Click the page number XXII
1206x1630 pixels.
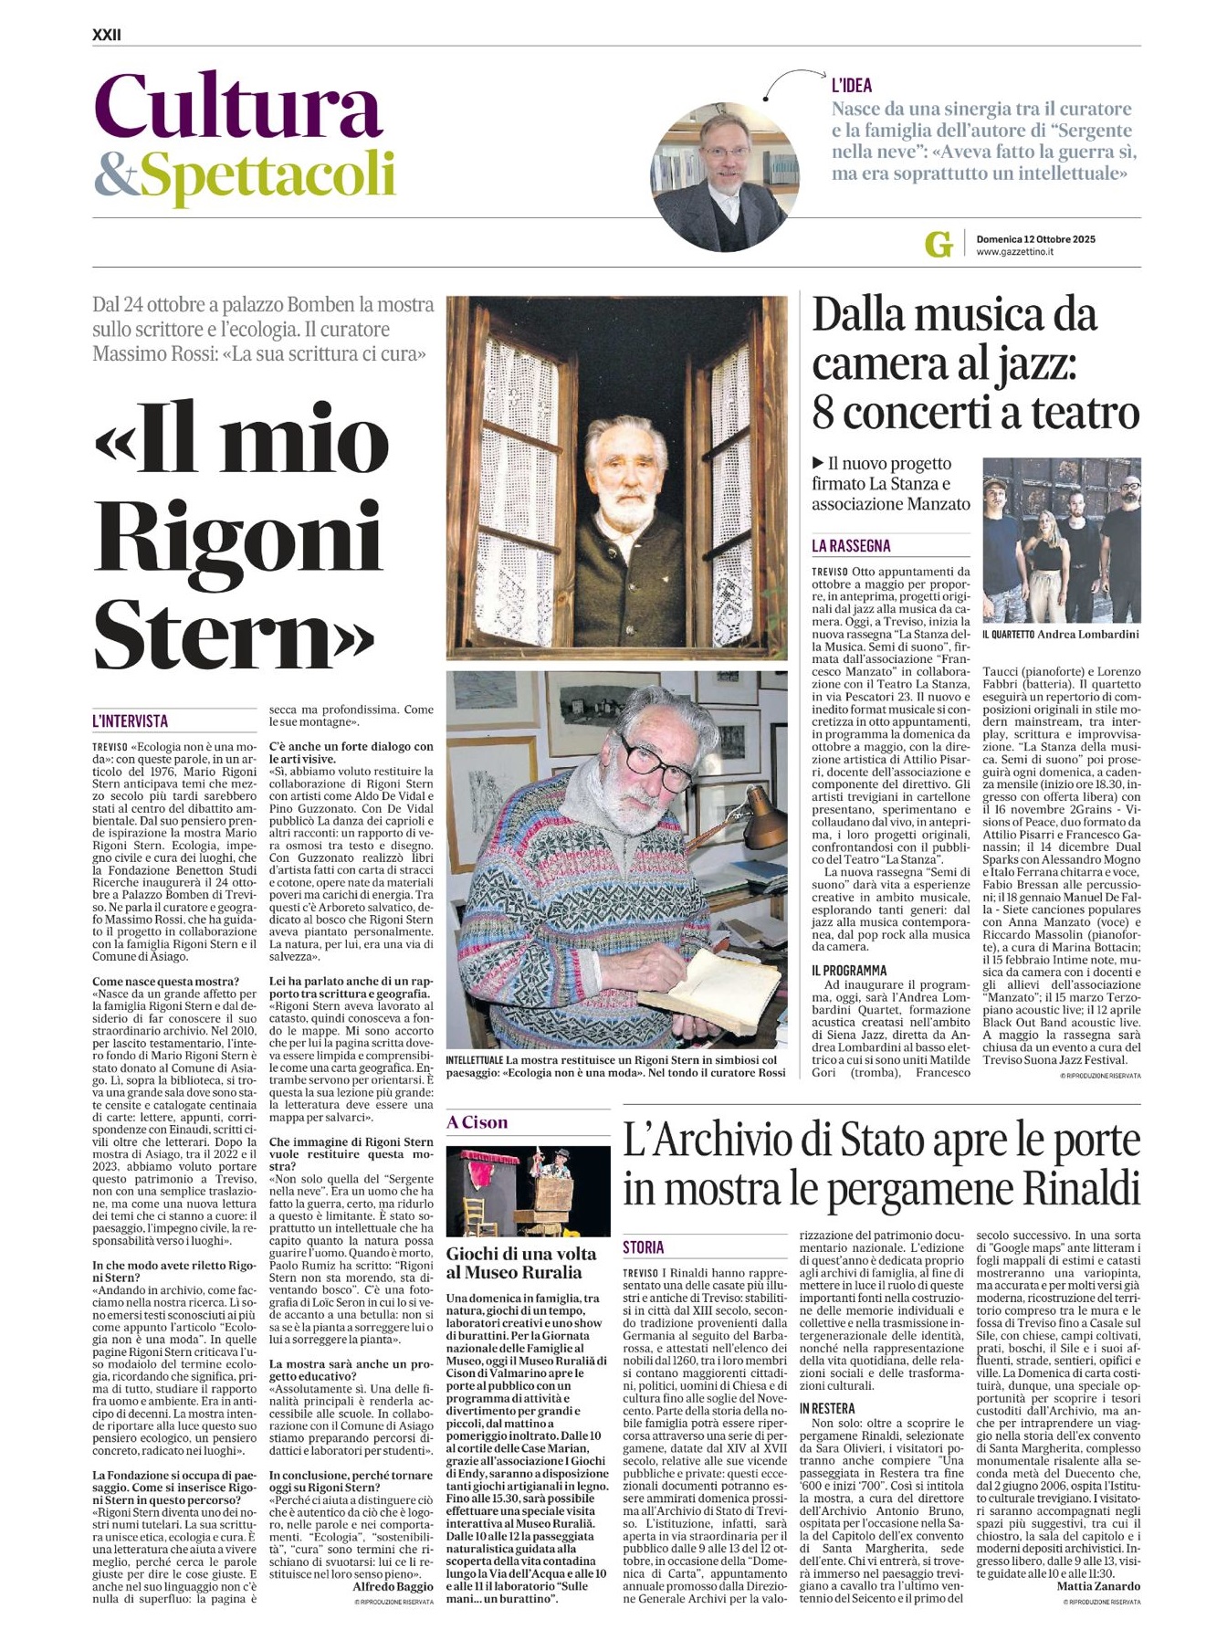pos(106,35)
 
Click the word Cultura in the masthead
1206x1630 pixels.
pos(237,108)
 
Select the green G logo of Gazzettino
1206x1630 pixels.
pos(938,244)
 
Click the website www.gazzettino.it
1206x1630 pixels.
pos(1014,252)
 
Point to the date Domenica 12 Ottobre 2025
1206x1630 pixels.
pos(1035,239)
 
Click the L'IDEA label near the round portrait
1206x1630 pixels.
pos(851,86)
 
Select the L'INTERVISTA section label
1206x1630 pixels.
pos(131,721)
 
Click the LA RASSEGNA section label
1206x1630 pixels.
pos(851,546)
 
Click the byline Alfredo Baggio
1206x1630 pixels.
pos(393,1587)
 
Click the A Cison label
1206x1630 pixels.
pos(477,1122)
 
